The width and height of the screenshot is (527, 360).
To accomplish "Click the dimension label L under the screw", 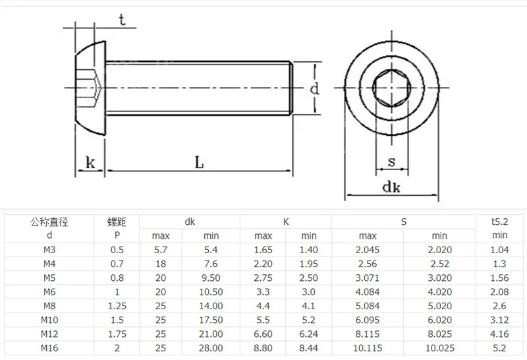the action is tap(200, 162).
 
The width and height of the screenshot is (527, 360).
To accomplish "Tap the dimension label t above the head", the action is tap(122, 20).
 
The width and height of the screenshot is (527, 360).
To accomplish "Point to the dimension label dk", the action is tap(391, 187).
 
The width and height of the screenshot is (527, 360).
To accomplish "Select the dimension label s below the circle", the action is tap(391, 162).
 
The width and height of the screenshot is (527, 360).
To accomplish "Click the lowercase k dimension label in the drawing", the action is tap(90, 162).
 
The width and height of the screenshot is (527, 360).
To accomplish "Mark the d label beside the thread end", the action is tap(314, 88).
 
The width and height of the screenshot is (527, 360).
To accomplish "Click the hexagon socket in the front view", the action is tap(391, 88).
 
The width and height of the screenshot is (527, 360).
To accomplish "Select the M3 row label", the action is tap(49, 250).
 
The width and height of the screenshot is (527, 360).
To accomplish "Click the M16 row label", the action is tap(49, 348).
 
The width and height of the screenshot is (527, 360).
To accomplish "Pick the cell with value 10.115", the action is tap(368, 348).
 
